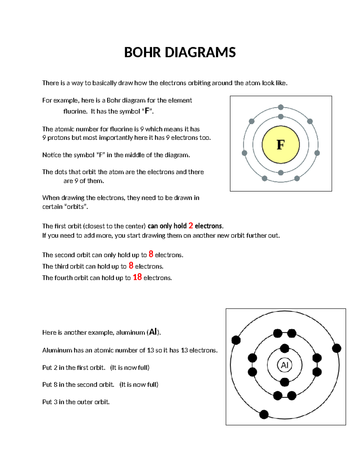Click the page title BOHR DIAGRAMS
180,52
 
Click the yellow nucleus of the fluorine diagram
280,145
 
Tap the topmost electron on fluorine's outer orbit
281,107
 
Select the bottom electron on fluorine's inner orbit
281,173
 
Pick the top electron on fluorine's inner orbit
281,116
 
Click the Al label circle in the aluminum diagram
284,365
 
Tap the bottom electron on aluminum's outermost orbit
264,414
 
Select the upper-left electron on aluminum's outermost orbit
236,340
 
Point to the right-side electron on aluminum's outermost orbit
337,348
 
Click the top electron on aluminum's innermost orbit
284,348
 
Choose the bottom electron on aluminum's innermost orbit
284,382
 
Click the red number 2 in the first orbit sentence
191,226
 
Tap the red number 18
137,277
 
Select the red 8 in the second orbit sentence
151,254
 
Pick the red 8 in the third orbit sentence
131,266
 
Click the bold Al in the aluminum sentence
153,332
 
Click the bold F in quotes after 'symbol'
147,111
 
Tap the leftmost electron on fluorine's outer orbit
244,153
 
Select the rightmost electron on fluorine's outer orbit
317,153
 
